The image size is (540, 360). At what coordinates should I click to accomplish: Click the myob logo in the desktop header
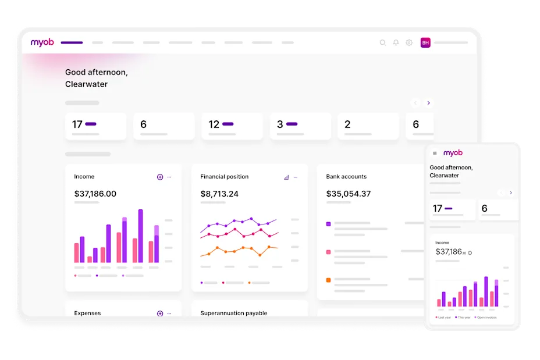tap(42, 42)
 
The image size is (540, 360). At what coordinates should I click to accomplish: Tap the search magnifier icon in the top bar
tap(382, 42)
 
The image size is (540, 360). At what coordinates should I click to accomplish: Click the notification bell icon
tap(396, 42)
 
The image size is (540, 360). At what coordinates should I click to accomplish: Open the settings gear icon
tap(409, 42)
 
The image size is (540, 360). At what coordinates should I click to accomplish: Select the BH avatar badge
tap(425, 42)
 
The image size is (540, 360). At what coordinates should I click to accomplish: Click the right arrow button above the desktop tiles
tap(429, 103)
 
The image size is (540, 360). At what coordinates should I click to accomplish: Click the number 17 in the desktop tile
tap(77, 124)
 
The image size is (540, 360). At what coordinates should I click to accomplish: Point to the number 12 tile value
tap(214, 124)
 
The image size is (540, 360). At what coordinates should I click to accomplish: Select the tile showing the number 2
tap(368, 126)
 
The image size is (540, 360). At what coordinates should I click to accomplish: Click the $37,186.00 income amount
tap(95, 194)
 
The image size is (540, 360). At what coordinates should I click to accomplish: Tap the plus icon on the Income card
tap(160, 177)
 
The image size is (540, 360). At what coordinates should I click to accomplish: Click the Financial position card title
tap(224, 177)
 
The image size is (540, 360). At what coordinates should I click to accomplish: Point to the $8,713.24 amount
tap(219, 194)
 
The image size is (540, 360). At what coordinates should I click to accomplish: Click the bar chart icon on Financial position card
tap(286, 177)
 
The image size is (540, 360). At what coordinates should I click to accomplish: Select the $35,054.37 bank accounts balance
tap(348, 194)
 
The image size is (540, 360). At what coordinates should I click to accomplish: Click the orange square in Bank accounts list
tap(329, 280)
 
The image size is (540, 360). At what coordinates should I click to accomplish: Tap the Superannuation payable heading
tap(233, 313)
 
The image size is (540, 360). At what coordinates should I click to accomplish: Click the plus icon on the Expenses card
tap(160, 313)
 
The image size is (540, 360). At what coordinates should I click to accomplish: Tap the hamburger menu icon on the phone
tap(435, 154)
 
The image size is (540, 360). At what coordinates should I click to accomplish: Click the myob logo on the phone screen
tap(453, 153)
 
